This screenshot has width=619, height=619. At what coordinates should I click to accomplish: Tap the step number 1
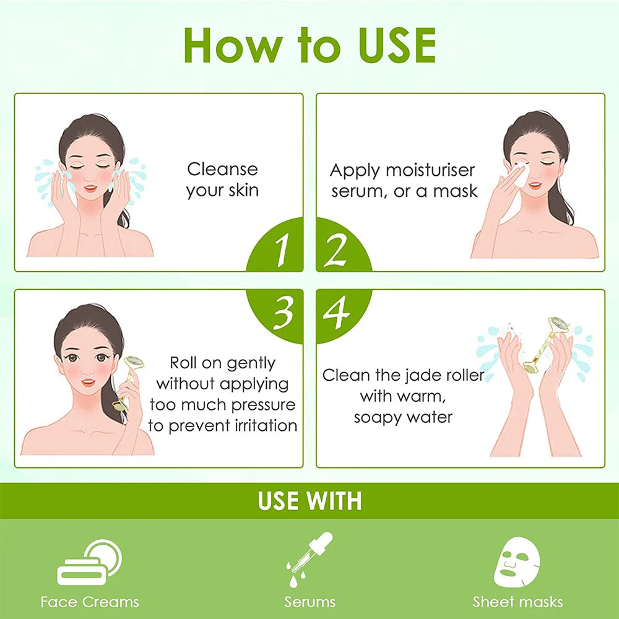coord(282,249)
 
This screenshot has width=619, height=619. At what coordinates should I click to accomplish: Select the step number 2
coord(335,250)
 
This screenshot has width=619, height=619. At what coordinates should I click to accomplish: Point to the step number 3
coord(283,313)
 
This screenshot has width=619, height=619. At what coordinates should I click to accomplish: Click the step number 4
coord(336,312)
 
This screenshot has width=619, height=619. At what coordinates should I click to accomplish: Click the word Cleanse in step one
coord(222,170)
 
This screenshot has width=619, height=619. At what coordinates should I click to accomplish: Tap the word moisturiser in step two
coord(430,171)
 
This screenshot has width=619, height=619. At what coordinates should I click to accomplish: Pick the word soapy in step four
coord(376,418)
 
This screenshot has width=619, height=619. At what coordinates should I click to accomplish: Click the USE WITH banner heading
coord(309,501)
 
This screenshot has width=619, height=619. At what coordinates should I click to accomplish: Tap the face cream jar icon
coord(89,562)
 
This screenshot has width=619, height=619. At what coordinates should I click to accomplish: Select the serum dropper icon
coord(309,560)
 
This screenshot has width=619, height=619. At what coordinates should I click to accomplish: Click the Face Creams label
coord(90,602)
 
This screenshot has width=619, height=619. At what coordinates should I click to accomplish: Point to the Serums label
coord(309,602)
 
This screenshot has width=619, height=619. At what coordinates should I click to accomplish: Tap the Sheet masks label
coord(517,602)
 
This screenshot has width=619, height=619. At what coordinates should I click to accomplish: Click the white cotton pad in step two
coord(521,175)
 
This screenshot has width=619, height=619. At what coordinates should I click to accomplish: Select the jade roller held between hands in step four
coord(546,344)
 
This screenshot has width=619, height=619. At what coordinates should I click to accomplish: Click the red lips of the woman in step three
coord(88,382)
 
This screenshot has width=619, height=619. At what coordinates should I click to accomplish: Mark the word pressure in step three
coord(263,405)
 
